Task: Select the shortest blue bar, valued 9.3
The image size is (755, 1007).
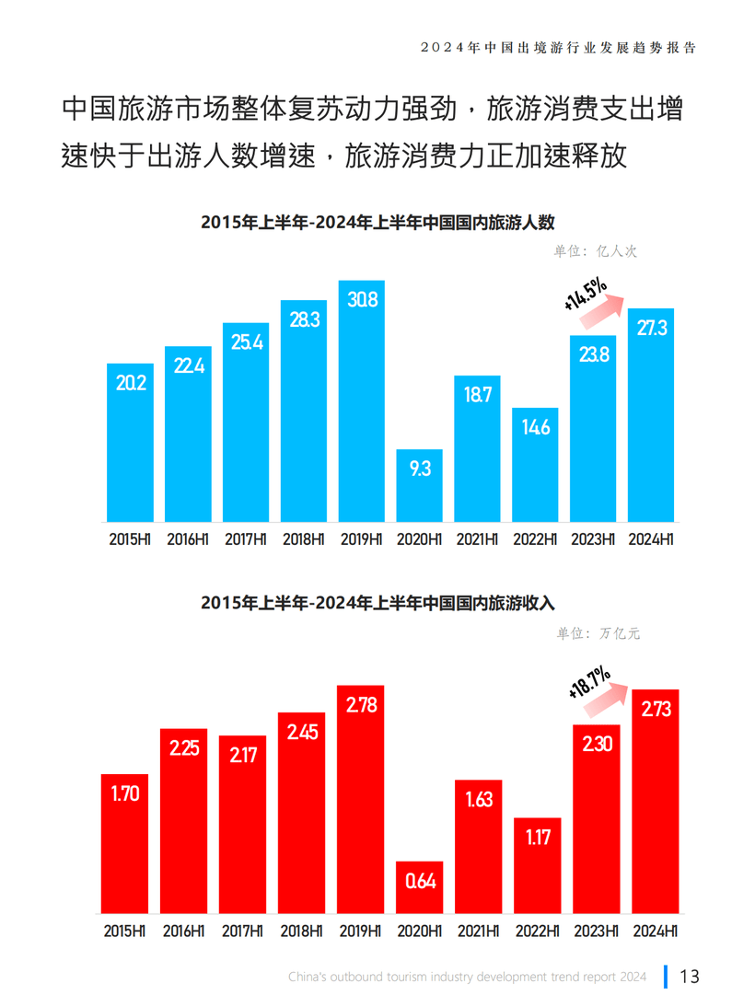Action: coord(419,485)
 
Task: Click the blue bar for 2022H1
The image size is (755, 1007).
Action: coord(535,464)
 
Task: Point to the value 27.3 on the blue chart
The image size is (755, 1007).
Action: coord(651,328)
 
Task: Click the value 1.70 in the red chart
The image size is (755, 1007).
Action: coord(125,793)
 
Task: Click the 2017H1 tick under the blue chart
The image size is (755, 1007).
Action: coord(246,539)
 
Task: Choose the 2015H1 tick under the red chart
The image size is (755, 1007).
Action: coord(126,931)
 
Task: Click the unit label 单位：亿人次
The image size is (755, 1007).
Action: coord(595,249)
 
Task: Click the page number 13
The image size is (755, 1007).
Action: coord(690,976)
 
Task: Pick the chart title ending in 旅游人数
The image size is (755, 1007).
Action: coord(377,222)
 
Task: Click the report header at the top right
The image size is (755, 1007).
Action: coord(557,46)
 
